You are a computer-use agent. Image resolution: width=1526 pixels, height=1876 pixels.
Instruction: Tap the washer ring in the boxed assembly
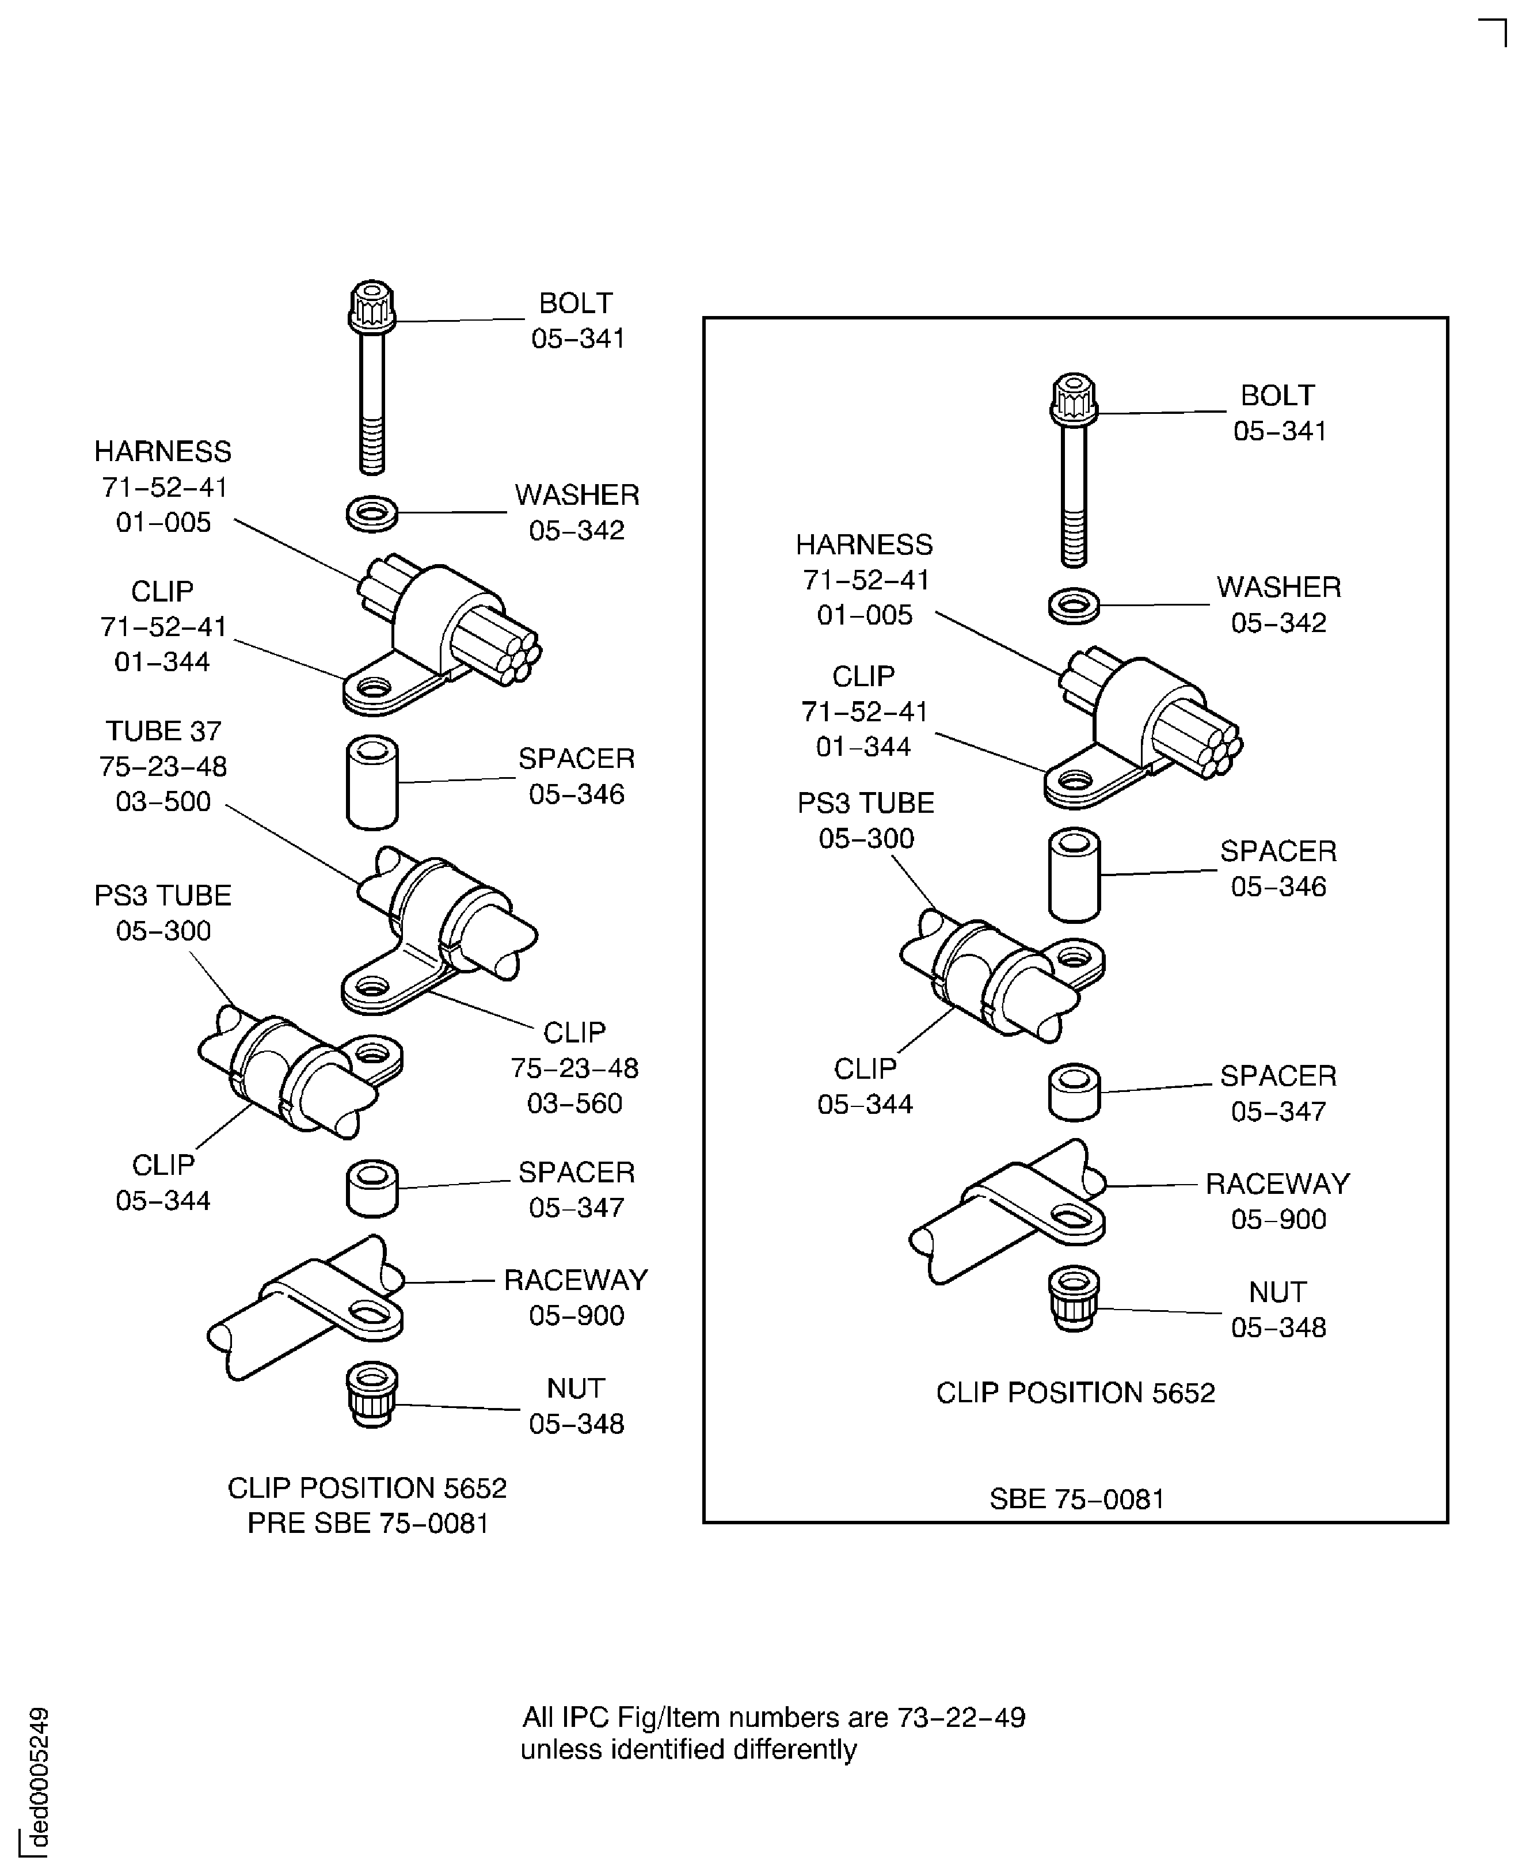pyautogui.click(x=1074, y=606)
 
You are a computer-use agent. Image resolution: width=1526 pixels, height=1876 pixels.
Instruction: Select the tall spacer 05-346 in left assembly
pyautogui.click(x=372, y=782)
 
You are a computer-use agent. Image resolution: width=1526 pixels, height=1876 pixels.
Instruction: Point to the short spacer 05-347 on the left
pyautogui.click(x=372, y=1189)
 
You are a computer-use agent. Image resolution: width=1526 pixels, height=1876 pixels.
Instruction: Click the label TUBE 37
pyautogui.click(x=163, y=730)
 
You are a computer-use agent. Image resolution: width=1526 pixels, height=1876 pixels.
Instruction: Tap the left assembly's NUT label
pyautogui.click(x=576, y=1388)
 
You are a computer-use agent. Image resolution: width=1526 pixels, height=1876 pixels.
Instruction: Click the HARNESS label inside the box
pyautogui.click(x=864, y=544)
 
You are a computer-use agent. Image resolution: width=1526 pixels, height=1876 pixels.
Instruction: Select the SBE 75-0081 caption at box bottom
pyautogui.click(x=1076, y=1499)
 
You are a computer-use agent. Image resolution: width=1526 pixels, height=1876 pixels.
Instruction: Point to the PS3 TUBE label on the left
pyautogui.click(x=163, y=895)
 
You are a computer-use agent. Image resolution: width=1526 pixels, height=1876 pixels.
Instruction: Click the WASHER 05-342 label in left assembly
pyautogui.click(x=577, y=512)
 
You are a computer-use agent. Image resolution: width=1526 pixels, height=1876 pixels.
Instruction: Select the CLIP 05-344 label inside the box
pyautogui.click(x=865, y=1086)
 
